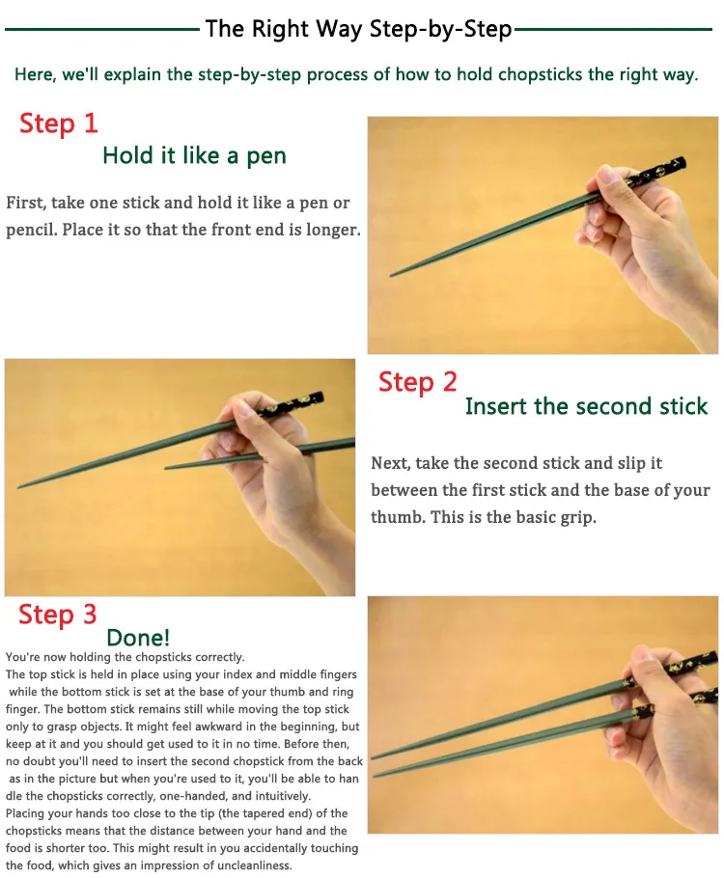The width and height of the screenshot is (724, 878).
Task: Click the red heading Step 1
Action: [x=58, y=123]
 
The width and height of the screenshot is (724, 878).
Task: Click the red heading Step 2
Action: [x=417, y=382]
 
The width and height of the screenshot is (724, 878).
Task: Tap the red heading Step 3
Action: [x=58, y=615]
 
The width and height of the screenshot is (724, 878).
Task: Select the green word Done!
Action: [x=138, y=637]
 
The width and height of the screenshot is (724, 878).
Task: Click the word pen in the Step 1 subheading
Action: [x=266, y=156]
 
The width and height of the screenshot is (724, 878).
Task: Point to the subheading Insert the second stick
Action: [x=587, y=406]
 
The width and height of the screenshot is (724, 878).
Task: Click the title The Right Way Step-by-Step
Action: [x=359, y=29]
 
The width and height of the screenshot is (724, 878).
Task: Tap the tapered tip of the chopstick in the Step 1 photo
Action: [x=391, y=275]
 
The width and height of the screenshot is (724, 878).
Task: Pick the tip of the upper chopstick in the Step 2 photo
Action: [x=19, y=486]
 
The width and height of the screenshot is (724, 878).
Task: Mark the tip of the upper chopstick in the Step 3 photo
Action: [x=374, y=757]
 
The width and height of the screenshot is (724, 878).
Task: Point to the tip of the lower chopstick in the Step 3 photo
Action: [x=376, y=775]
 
